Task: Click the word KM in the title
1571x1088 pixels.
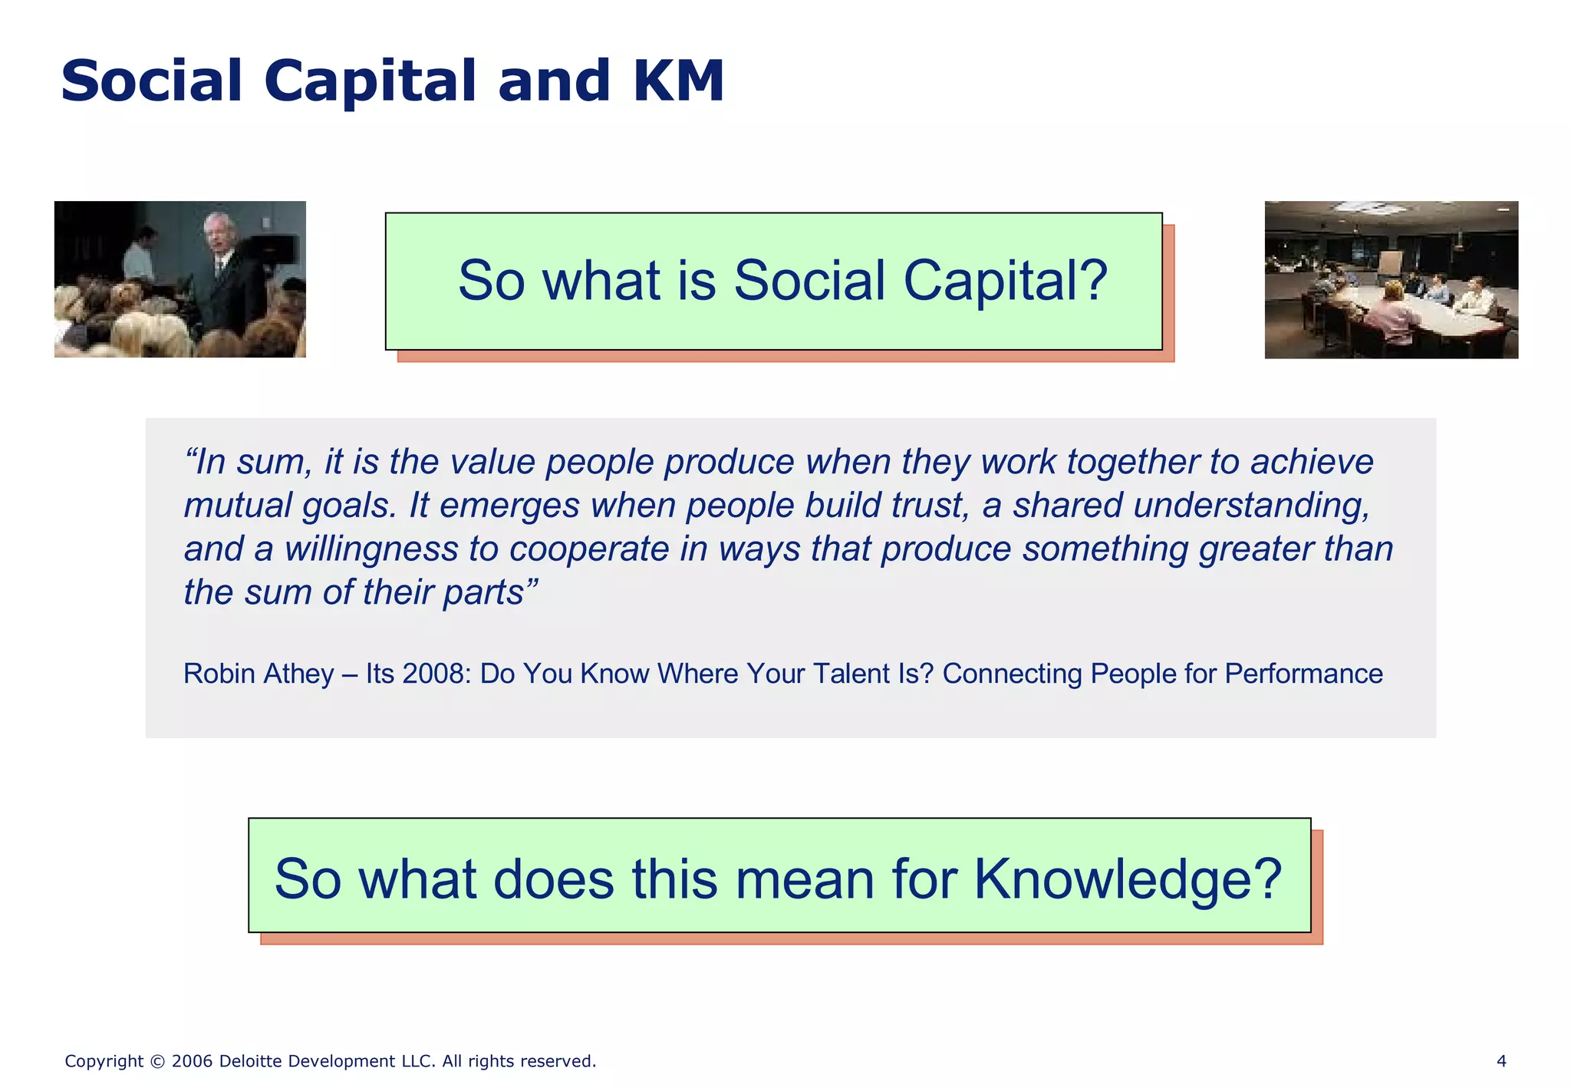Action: (x=678, y=81)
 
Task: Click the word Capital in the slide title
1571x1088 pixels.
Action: (x=371, y=81)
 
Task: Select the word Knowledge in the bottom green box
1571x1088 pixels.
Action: (x=1128, y=879)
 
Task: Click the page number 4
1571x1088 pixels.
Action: (x=1501, y=1061)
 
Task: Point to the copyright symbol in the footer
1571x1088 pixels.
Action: (x=157, y=1062)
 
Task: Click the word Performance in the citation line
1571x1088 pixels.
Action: (x=1303, y=674)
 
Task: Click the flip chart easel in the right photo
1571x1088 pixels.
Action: (x=1389, y=265)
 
